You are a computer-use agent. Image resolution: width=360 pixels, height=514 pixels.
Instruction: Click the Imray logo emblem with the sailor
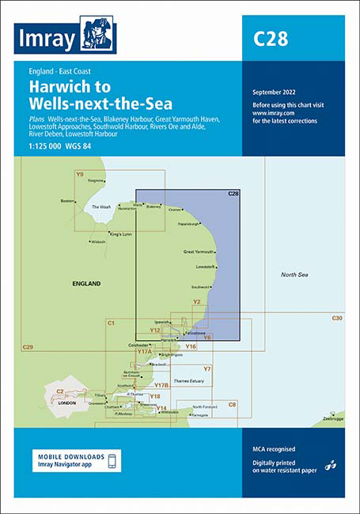[x=99, y=34]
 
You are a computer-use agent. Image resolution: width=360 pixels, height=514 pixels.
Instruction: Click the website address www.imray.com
[x=270, y=114]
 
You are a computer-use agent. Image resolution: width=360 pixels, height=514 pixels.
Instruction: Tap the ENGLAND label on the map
[x=86, y=283]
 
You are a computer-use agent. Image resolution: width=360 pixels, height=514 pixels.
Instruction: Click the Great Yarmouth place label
[x=199, y=251]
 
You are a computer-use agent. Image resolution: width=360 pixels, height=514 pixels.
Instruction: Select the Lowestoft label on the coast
[x=205, y=266]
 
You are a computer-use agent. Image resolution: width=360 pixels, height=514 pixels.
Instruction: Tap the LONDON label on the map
[x=68, y=402]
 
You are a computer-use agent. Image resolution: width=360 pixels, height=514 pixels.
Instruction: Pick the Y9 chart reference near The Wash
[x=79, y=173]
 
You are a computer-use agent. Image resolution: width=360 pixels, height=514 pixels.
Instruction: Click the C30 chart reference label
[x=337, y=318]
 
